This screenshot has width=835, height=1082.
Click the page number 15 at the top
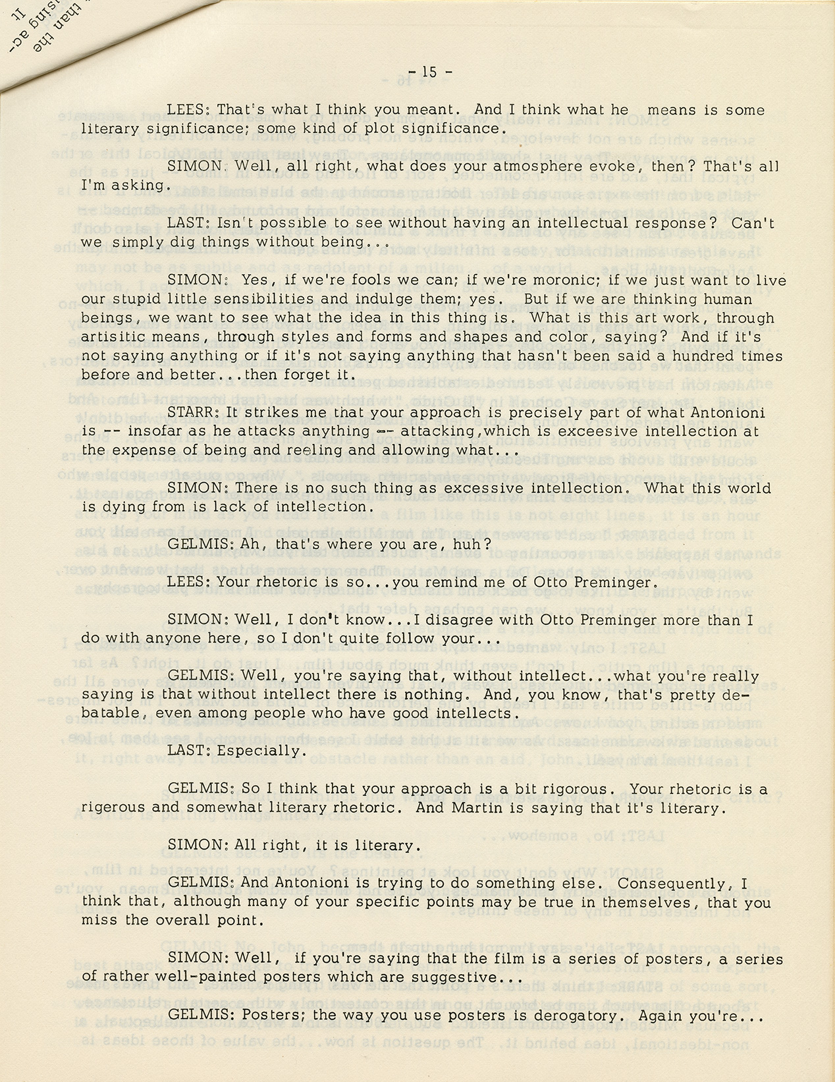[429, 72]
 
